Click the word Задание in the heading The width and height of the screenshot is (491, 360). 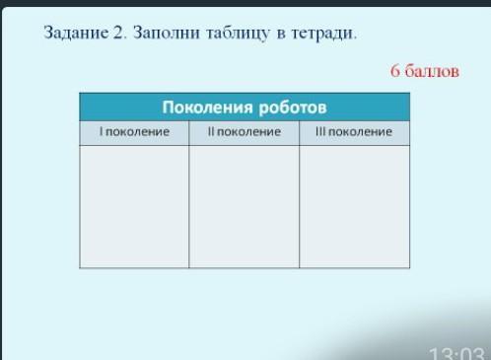pyautogui.click(x=76, y=33)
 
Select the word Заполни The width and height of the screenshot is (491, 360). pyautogui.click(x=167, y=33)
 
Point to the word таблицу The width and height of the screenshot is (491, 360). pyautogui.click(x=238, y=34)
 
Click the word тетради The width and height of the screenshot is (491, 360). pyautogui.click(x=323, y=34)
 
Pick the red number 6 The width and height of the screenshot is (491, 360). pyautogui.click(x=395, y=71)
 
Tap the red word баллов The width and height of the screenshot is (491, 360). pyautogui.click(x=432, y=71)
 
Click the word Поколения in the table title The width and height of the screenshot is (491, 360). pyautogui.click(x=207, y=108)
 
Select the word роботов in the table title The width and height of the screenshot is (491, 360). pyautogui.click(x=293, y=108)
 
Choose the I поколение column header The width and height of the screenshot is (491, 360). pyautogui.click(x=134, y=132)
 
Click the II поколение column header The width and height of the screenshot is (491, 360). pyautogui.click(x=245, y=132)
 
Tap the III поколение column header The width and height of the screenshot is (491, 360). pyautogui.click(x=354, y=132)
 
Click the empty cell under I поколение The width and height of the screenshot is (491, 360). pyautogui.click(x=134, y=206)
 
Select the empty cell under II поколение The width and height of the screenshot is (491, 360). pyautogui.click(x=245, y=206)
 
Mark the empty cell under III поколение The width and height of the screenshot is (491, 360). pyautogui.click(x=355, y=206)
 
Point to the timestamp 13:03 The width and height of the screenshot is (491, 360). pyautogui.click(x=456, y=354)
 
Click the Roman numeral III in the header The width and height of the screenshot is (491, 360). pyautogui.click(x=320, y=131)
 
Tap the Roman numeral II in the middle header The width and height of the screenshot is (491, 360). pyautogui.click(x=211, y=131)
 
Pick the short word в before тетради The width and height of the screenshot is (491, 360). pyautogui.click(x=281, y=34)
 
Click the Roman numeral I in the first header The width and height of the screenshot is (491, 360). pyautogui.click(x=102, y=131)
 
